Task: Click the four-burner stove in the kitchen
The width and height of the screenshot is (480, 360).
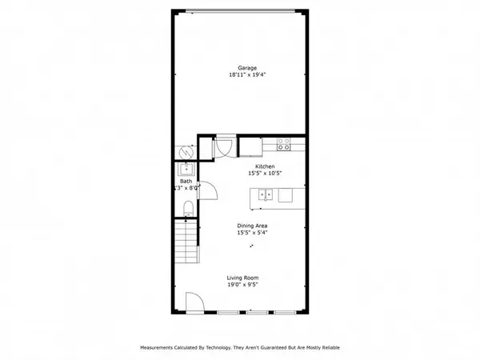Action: click(283, 145)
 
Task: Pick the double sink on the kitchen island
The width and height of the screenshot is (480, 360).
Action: click(266, 194)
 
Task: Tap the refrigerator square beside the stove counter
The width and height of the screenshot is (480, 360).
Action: click(249, 146)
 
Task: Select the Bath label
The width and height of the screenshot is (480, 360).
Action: click(186, 181)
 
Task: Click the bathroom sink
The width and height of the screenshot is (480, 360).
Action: click(186, 170)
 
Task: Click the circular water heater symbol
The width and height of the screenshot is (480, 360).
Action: click(185, 150)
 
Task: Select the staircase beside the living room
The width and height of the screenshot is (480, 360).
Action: click(186, 244)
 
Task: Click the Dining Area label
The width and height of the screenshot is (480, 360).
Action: click(252, 226)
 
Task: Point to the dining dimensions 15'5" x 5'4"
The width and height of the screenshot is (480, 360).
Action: click(252, 234)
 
